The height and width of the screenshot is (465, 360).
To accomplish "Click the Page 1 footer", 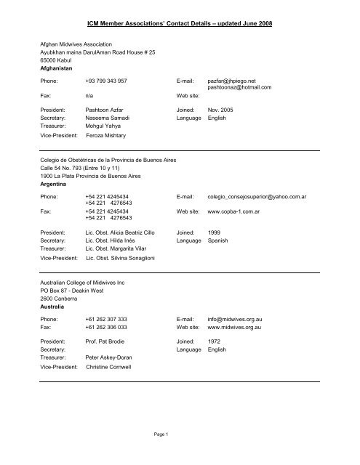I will (180, 454).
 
